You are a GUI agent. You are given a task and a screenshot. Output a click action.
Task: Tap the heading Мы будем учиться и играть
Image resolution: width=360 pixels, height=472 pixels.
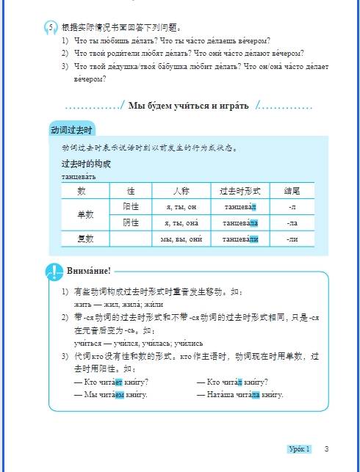(189, 106)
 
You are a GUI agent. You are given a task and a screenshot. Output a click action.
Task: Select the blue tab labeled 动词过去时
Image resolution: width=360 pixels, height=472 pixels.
(71, 129)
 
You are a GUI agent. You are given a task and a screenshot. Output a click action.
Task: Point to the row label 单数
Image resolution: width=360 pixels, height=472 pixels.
(85, 215)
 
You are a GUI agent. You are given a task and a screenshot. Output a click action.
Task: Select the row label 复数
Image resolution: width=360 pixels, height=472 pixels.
(85, 239)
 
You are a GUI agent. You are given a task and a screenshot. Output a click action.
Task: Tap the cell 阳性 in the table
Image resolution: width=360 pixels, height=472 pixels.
(131, 207)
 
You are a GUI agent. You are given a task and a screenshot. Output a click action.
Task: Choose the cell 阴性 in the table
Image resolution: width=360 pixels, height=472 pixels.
(131, 222)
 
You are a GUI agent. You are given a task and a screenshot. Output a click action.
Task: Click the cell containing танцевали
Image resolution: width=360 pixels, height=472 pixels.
(241, 239)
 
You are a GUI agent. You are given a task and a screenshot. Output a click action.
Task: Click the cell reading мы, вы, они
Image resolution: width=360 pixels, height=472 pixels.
(181, 239)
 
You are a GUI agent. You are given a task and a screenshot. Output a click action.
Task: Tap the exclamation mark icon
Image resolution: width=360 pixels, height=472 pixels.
(54, 272)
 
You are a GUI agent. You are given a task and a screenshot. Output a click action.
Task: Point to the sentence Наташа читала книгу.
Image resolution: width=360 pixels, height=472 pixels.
(240, 395)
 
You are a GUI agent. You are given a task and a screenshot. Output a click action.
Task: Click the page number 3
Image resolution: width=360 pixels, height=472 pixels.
(326, 449)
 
